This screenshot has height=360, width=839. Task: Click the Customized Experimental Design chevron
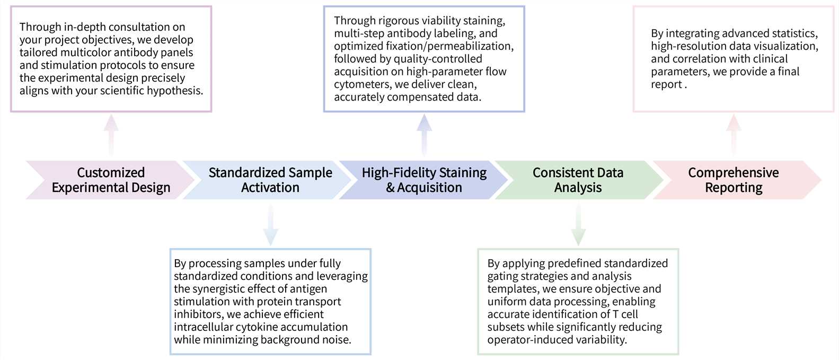click(111, 180)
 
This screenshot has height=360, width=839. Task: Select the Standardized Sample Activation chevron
click(270, 180)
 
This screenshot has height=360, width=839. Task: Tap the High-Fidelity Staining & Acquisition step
click(424, 180)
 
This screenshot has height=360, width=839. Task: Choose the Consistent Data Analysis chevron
click(578, 180)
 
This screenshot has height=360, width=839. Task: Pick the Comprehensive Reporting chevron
click(734, 180)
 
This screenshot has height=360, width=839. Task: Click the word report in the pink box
click(666, 84)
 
